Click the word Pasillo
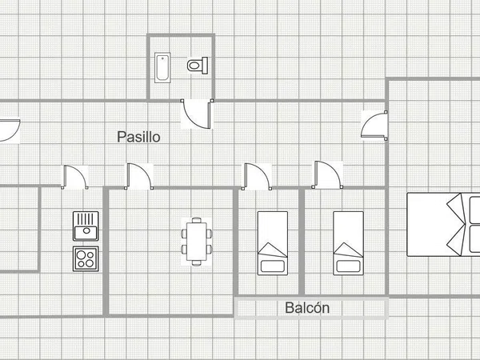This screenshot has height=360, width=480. tap(138, 137)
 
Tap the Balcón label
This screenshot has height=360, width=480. tap(307, 308)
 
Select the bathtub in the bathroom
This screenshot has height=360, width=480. tap(162, 68)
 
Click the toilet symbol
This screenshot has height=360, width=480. tap(198, 66)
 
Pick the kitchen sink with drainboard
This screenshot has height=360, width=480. tap(86, 226)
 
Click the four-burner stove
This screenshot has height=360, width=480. tap(86, 258)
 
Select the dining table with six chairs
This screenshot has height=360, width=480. tap(197, 242)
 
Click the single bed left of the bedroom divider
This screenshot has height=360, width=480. tap(273, 243)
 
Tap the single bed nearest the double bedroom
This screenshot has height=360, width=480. tap(348, 243)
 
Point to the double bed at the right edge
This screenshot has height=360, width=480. tap(443, 224)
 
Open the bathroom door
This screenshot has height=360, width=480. tap(197, 114)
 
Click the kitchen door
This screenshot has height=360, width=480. tap(74, 177)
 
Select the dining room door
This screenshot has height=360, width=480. tap(139, 176)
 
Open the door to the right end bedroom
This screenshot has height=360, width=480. tap(374, 125)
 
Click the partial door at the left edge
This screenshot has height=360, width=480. tap(10, 130)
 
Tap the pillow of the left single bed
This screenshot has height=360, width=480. tap(273, 266)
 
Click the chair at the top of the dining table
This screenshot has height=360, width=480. tap(197, 220)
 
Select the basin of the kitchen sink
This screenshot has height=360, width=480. tap(86, 231)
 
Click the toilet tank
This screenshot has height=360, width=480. tap(205, 66)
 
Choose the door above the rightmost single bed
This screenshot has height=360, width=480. tap(327, 174)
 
